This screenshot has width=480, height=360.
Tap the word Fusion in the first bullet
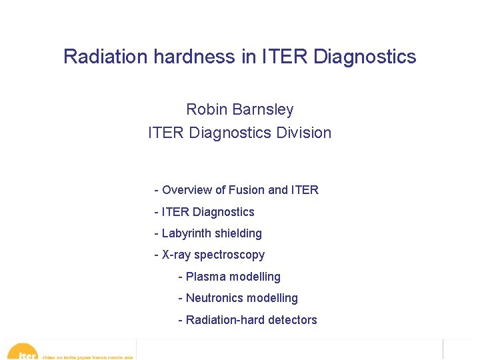point(246,190)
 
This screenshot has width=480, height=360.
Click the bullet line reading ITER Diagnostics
point(207,212)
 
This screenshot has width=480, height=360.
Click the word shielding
point(237,233)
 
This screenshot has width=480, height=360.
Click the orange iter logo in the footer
point(24,353)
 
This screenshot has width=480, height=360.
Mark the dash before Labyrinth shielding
point(156,233)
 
